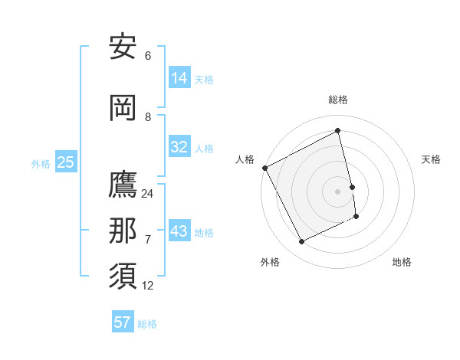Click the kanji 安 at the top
[x=123, y=47]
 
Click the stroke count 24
[x=148, y=194]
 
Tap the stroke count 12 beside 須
[x=148, y=286]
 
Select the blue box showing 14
[x=179, y=78]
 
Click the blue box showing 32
[x=179, y=147]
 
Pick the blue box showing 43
[x=179, y=231]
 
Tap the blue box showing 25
[x=65, y=162]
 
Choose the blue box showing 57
[x=123, y=322]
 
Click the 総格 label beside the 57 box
[x=147, y=324]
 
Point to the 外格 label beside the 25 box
[x=41, y=164]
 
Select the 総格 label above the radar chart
[x=338, y=100]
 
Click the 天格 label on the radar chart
[x=432, y=159]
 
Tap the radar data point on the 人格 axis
[x=264, y=168]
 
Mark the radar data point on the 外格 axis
[x=301, y=242]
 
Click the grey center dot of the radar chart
[x=338, y=191]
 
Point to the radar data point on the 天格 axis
[x=352, y=186]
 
